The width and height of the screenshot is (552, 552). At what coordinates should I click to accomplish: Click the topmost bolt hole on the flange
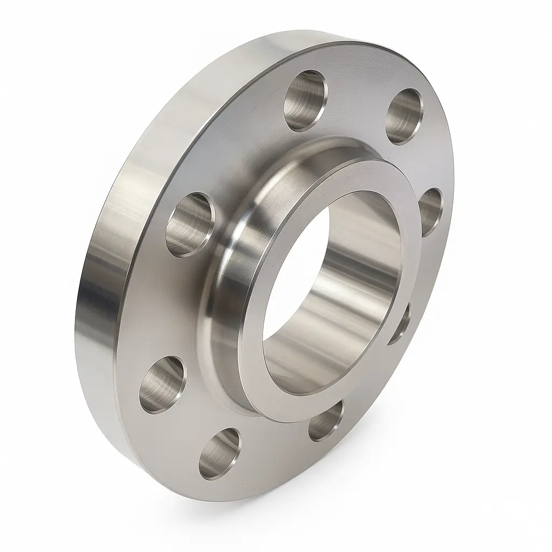coord(306,100)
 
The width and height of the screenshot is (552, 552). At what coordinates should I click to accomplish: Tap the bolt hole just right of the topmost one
coord(404,116)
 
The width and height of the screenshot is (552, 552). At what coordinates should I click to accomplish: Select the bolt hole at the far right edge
coord(430,212)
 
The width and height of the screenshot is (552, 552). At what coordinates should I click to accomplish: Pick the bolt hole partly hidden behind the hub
coord(399,323)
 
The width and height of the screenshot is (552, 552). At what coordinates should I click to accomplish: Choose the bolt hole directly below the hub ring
coord(327,420)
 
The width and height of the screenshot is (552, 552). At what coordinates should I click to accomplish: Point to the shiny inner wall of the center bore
coord(345,302)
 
